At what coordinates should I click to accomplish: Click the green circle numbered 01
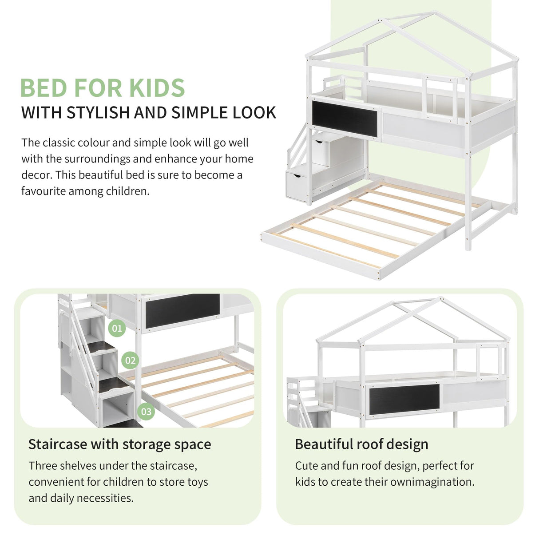(117, 329)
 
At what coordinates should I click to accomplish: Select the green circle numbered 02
(130, 361)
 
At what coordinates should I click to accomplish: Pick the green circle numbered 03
(146, 412)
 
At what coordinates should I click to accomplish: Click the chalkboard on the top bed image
(345, 119)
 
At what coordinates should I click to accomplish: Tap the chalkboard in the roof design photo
(404, 399)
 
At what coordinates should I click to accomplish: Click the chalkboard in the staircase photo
(182, 310)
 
